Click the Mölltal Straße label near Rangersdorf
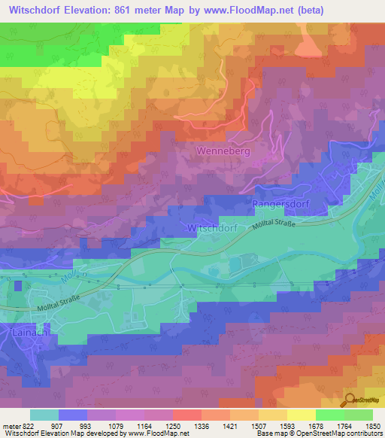(x=284, y=224)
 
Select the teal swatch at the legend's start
(x=44, y=414)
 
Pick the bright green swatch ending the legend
(x=359, y=414)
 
